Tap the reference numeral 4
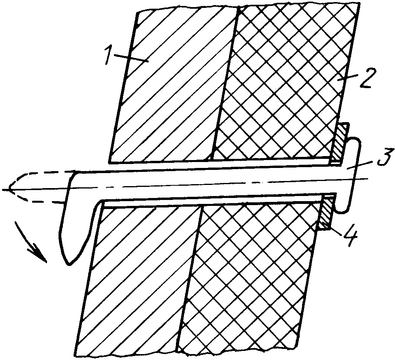pos(348,237)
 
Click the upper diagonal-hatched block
pos(174,86)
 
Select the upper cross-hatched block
pos(285,83)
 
